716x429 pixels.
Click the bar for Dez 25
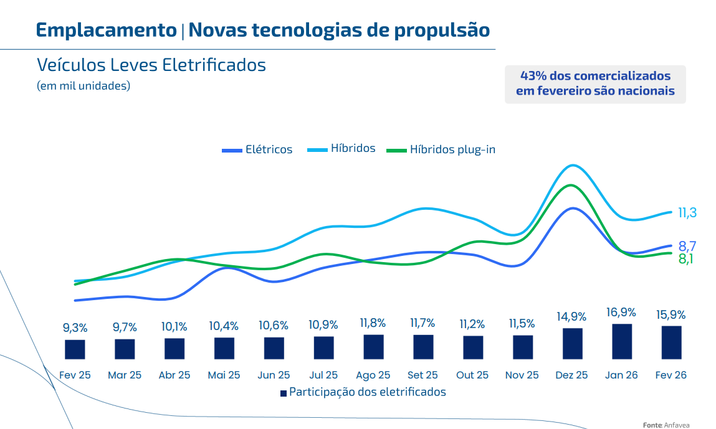coord(572,343)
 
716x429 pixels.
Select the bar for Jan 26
coord(622,341)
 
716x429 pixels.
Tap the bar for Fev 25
coord(75,349)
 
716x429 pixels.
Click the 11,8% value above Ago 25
coord(373,323)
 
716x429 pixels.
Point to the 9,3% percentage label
coord(75,328)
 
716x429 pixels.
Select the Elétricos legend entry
coord(257,149)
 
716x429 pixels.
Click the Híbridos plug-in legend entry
coord(441,149)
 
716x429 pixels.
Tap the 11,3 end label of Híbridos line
coord(687,213)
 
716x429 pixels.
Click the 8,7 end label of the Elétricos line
coord(687,245)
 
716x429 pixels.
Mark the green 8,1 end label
coord(685,259)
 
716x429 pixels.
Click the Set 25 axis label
coord(422,375)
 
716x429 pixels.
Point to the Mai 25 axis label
coord(224,375)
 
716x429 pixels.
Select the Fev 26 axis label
coord(671,375)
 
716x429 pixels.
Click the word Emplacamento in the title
coord(106,30)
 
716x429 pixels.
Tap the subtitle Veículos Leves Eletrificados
coord(151,65)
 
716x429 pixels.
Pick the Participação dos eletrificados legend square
coord(283,393)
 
